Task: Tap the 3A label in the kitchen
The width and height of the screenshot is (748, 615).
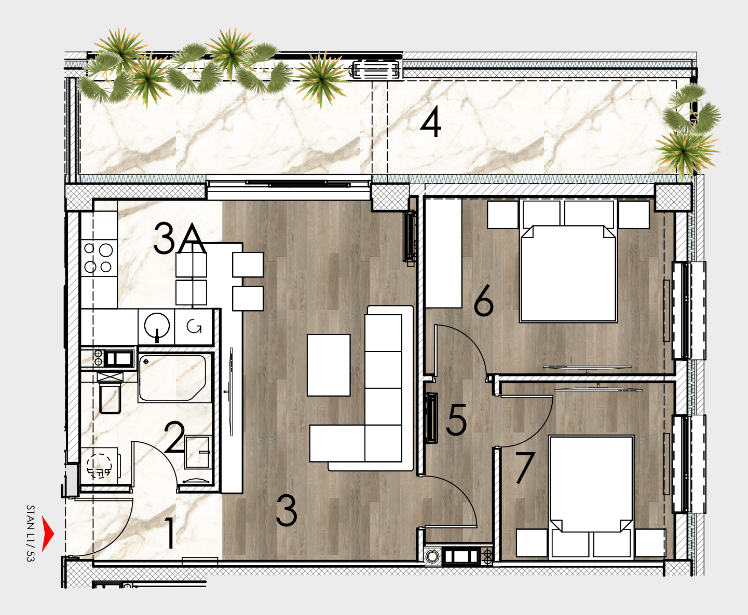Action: [180, 239]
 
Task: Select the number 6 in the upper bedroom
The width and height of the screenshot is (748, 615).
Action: [484, 300]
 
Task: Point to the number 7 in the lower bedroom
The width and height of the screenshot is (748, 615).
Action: [525, 468]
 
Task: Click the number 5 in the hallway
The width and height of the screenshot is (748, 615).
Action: [456, 420]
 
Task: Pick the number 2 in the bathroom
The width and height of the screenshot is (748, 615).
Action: [174, 437]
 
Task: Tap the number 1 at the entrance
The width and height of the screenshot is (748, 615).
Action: [170, 533]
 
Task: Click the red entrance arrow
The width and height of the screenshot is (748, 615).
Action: [47, 534]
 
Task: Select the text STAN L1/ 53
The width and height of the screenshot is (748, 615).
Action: [31, 533]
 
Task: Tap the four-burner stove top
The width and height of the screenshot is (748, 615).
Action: [99, 258]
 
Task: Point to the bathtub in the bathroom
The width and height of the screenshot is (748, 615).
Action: [173, 378]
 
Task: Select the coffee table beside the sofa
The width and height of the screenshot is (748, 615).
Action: [329, 365]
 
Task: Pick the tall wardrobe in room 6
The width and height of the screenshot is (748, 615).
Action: [443, 253]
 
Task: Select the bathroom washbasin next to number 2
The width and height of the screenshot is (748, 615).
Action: [198, 452]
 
